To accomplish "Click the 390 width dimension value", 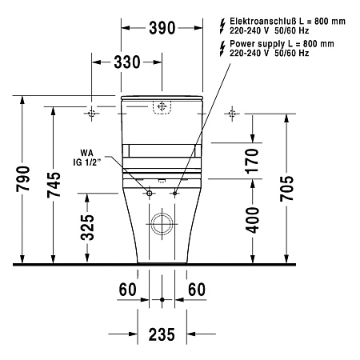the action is click(x=162, y=28).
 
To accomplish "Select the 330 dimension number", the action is click(x=127, y=62).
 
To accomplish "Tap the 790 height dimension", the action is click(x=23, y=178).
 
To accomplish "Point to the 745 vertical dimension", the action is click(x=54, y=185).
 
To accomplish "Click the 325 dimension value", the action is click(x=87, y=227).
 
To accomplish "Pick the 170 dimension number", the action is click(x=252, y=161).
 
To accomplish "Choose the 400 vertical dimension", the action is click(x=252, y=220).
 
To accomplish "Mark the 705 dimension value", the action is click(x=286, y=189).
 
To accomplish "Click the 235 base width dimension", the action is click(x=162, y=334).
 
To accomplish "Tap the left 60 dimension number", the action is click(x=127, y=290).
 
